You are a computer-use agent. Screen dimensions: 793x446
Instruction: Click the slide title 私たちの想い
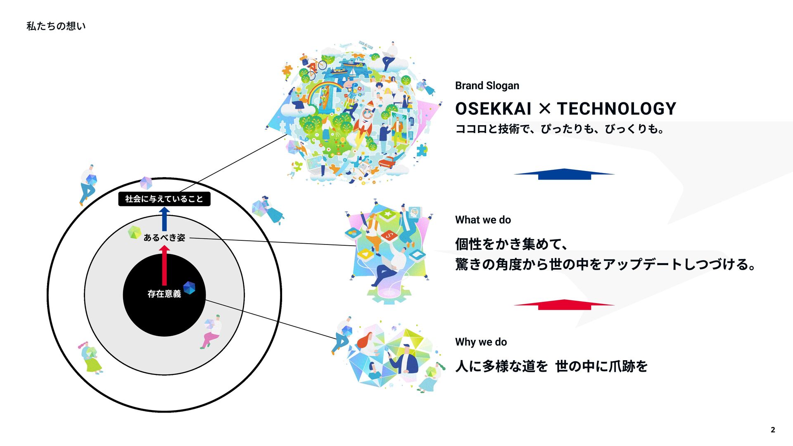tap(56, 26)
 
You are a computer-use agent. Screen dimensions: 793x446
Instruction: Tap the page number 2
tap(773, 429)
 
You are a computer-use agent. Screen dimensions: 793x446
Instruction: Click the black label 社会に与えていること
tap(164, 199)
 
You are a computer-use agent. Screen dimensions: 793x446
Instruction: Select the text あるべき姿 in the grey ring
tap(164, 237)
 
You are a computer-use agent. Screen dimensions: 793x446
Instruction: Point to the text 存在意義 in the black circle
tap(164, 294)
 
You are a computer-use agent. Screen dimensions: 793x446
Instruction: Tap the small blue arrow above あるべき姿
tap(164, 218)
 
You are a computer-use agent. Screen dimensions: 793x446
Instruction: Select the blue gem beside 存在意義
tap(189, 287)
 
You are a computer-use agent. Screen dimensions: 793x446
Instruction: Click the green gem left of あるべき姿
tap(134, 232)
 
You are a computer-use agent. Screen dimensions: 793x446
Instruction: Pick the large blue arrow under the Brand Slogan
tap(564, 174)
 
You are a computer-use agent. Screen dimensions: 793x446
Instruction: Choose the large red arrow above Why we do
tap(564, 305)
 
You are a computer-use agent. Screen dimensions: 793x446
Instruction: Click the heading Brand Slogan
tap(487, 85)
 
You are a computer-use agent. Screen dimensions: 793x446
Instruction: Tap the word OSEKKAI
tap(493, 109)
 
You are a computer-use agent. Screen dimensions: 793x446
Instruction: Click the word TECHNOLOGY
tap(616, 109)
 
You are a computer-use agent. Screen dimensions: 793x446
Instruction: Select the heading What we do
tap(483, 220)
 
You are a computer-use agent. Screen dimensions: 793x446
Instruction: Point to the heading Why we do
tap(481, 342)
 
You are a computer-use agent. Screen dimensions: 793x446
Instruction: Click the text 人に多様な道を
tap(501, 366)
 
